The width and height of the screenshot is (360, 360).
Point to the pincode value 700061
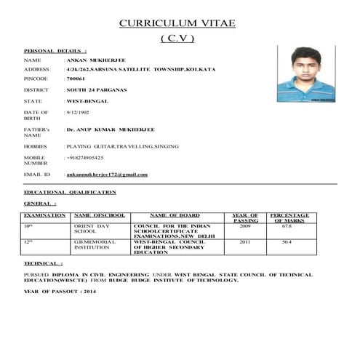coord(76,78)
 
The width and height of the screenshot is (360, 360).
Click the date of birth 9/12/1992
coord(77,113)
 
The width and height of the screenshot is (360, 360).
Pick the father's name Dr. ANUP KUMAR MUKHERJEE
coord(110,129)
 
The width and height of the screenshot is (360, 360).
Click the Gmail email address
coord(107,175)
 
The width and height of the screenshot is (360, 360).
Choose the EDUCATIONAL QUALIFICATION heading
coord(69,192)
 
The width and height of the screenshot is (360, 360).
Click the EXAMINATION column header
coord(45,215)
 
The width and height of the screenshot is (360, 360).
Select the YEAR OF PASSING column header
coord(245,217)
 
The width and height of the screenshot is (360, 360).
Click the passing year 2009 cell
coord(244,226)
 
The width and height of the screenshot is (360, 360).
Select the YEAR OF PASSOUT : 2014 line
coord(60,292)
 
